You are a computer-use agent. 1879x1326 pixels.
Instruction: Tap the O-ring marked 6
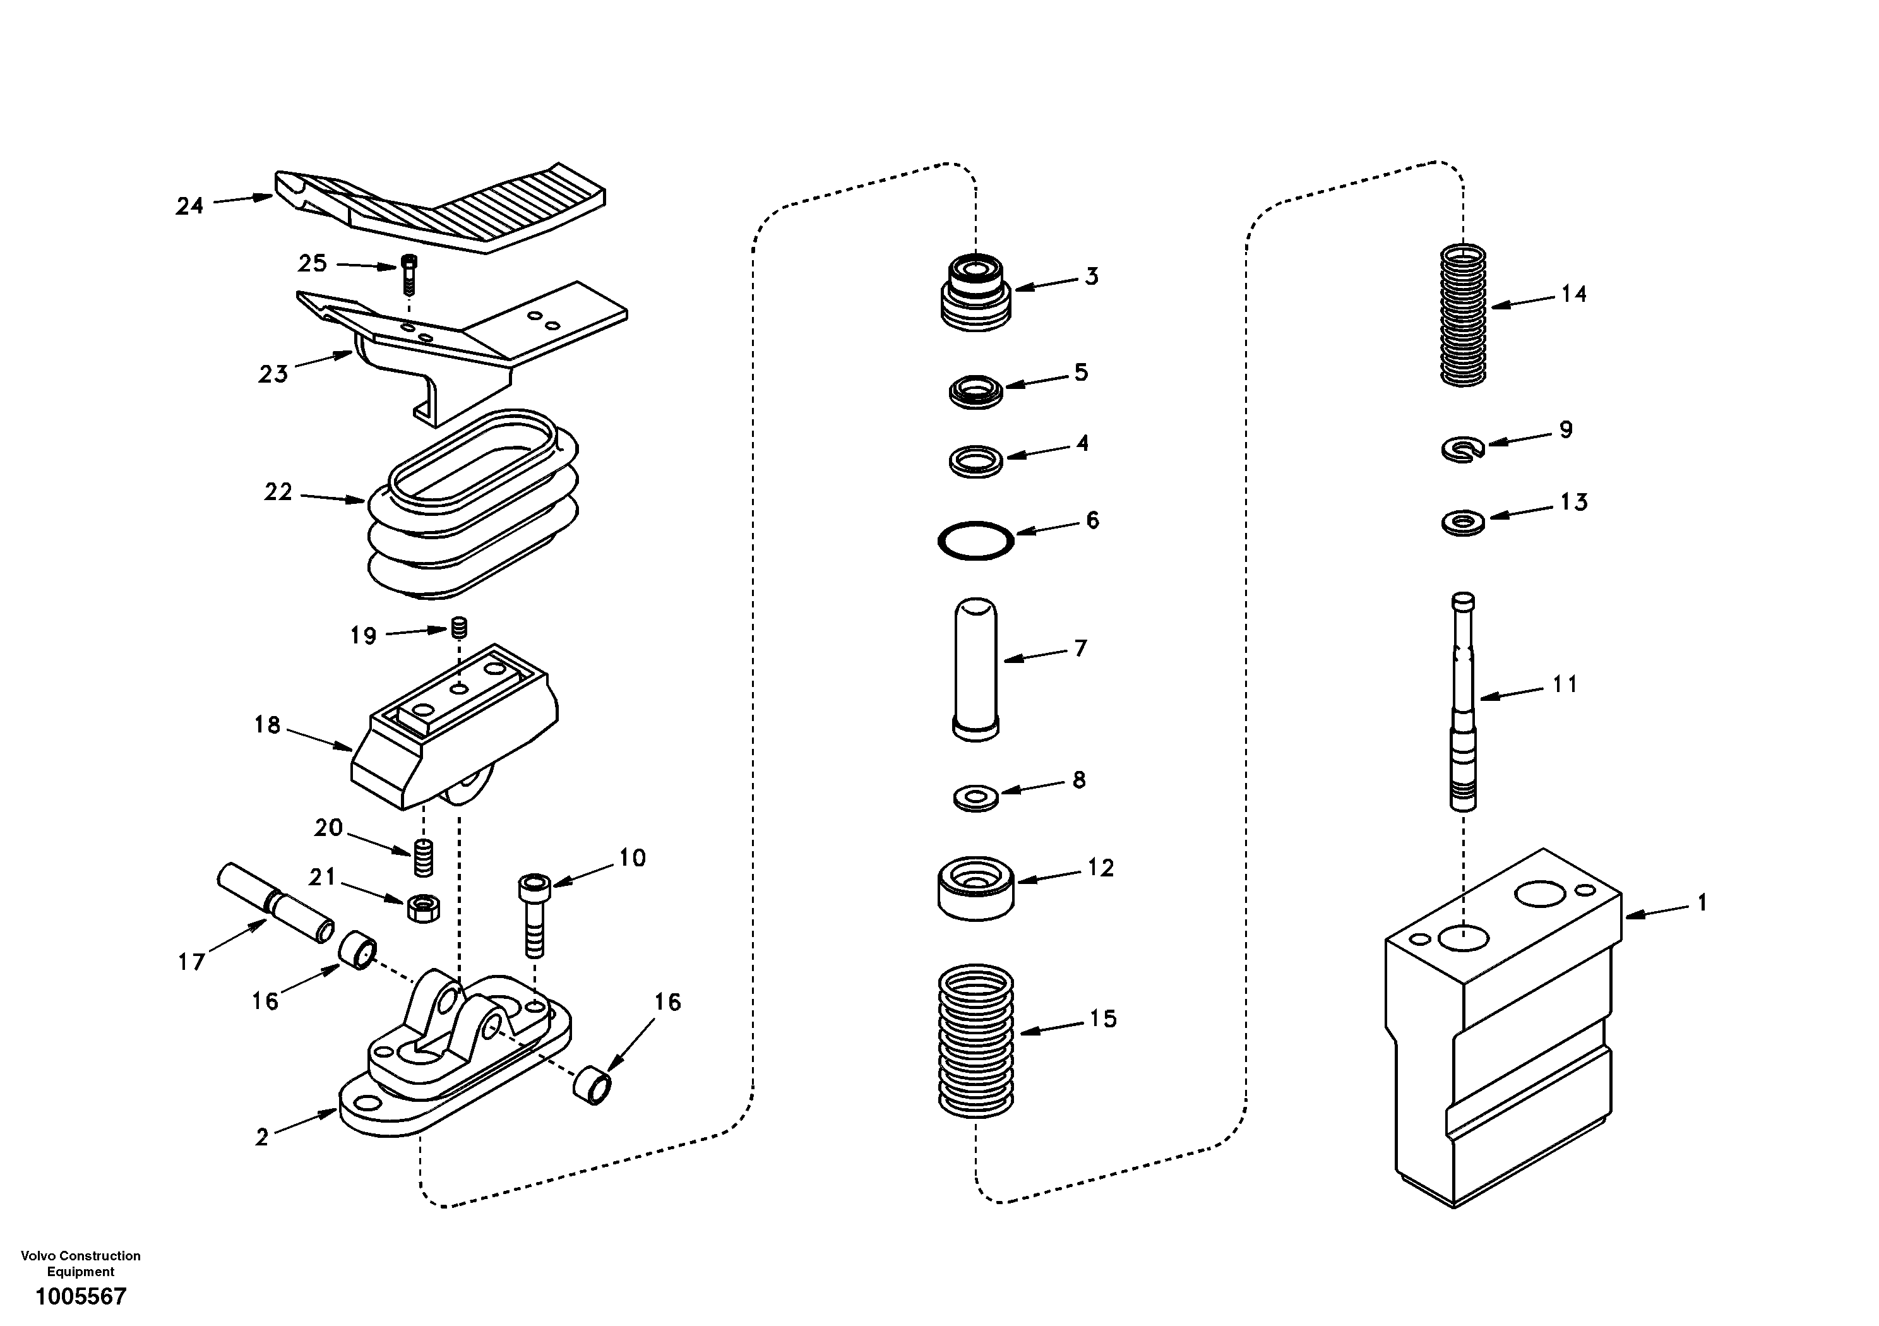pyautogui.click(x=975, y=541)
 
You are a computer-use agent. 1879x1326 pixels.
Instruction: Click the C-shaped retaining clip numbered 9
pyautogui.click(x=1462, y=448)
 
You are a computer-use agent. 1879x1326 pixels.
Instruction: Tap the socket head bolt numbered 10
pyautogui.click(x=534, y=914)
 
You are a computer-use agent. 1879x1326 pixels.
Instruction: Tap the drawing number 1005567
pyautogui.click(x=80, y=1296)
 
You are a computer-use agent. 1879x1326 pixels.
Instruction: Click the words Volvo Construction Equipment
pyautogui.click(x=80, y=1263)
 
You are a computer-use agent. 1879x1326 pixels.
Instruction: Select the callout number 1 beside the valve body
pyautogui.click(x=1702, y=903)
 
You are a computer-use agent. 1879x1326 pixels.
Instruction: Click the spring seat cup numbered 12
pyautogui.click(x=975, y=888)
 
